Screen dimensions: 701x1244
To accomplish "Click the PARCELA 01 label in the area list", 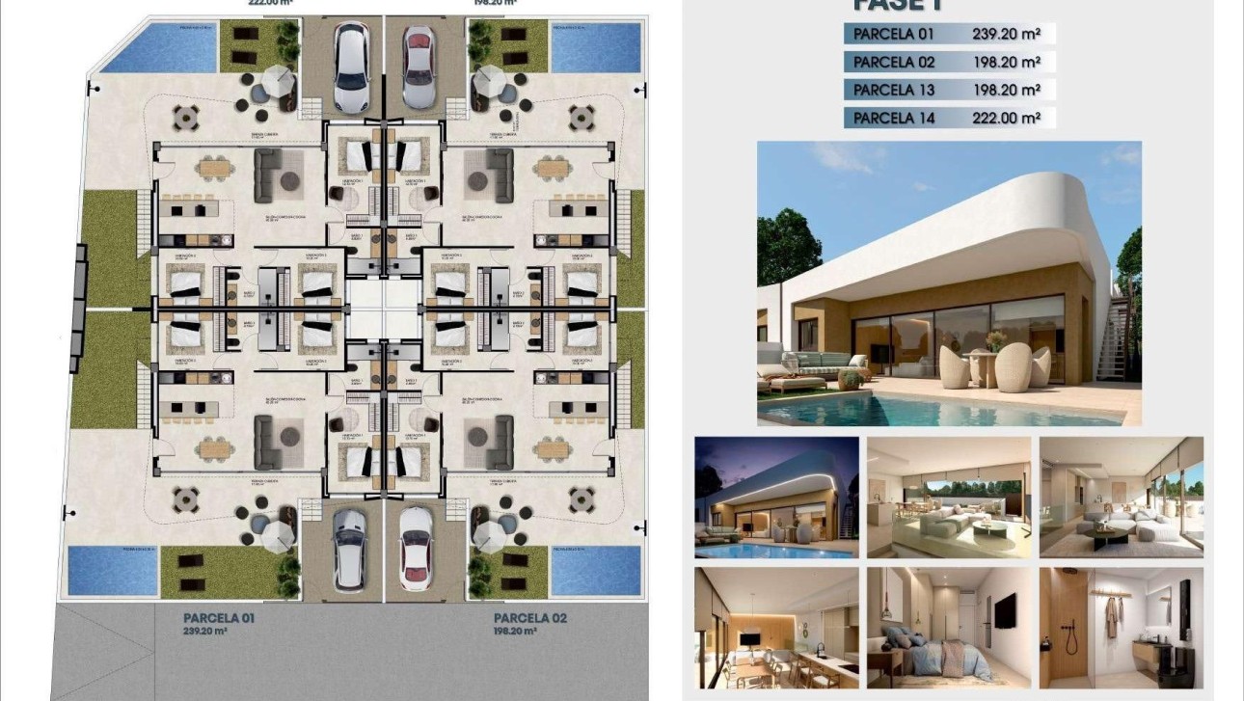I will pyautogui.click(x=894, y=34).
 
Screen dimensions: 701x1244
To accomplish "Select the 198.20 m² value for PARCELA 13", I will pyautogui.click(x=1006, y=90).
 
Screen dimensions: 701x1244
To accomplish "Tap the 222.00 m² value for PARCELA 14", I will pyautogui.click(x=1006, y=119).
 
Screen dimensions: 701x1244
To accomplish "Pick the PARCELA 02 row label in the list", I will pyautogui.click(x=894, y=62).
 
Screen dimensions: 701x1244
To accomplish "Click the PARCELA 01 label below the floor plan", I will pyautogui.click(x=219, y=617).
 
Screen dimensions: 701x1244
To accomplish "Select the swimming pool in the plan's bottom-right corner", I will pyautogui.click(x=596, y=569).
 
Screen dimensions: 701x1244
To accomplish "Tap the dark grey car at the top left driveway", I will pyautogui.click(x=350, y=67).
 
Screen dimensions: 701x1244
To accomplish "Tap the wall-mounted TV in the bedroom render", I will pyautogui.click(x=1003, y=609).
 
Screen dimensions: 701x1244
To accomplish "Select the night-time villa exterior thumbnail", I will pyautogui.click(x=776, y=497).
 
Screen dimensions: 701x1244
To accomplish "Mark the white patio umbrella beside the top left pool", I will pyautogui.click(x=278, y=77).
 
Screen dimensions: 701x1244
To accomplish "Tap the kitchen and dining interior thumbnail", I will pyautogui.click(x=776, y=627).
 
